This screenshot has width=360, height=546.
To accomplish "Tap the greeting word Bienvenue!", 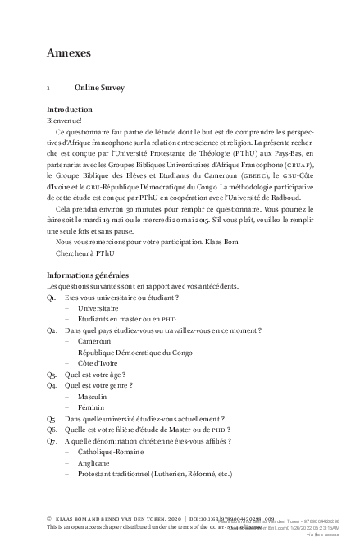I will [65, 121].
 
